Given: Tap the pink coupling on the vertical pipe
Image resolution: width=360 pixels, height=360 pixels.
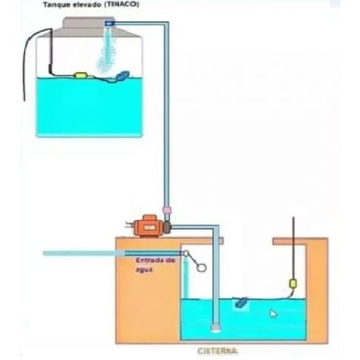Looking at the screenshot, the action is (x=167, y=210).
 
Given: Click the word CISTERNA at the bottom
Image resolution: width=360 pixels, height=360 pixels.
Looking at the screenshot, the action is (x=218, y=351).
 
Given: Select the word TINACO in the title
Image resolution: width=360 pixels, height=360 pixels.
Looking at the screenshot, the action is (x=122, y=5).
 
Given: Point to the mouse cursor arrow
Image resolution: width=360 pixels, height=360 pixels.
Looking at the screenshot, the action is (x=274, y=314).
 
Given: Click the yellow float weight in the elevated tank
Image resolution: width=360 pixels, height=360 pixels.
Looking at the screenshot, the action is (x=80, y=75).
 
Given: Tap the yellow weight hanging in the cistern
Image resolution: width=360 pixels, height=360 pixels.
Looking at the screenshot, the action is (x=293, y=283).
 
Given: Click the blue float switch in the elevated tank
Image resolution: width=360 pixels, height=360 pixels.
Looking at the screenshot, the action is (x=123, y=76).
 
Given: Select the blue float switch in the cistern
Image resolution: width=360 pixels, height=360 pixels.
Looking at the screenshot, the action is (x=241, y=302).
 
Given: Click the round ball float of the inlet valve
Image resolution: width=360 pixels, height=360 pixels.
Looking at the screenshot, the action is (x=202, y=268).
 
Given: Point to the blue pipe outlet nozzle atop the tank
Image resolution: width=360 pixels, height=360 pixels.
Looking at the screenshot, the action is (x=110, y=23).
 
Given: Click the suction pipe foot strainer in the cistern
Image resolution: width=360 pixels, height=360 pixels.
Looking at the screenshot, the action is (x=216, y=327).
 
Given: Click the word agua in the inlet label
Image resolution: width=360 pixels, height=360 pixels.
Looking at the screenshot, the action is (x=144, y=270).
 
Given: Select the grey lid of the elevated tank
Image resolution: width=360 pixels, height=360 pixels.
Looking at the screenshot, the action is (x=89, y=27).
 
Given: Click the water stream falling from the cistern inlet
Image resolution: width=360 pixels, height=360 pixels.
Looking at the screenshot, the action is (x=186, y=278).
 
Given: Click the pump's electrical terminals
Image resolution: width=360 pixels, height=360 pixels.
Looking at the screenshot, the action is (x=129, y=224).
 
